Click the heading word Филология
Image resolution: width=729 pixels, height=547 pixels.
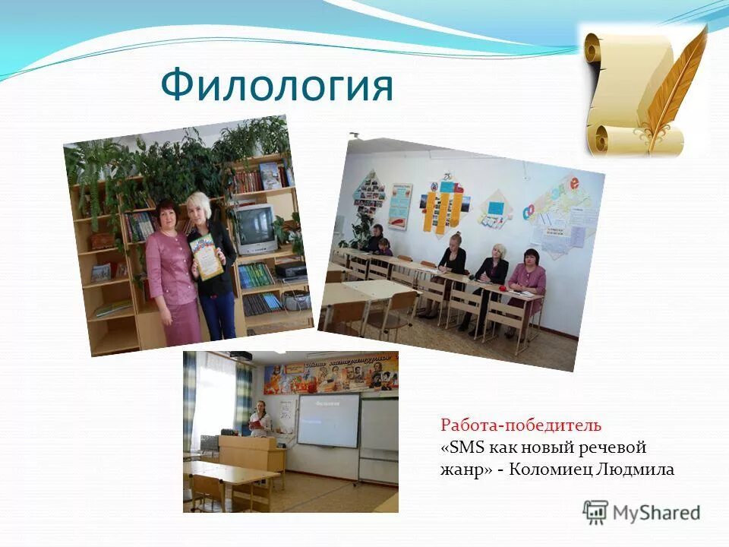276,85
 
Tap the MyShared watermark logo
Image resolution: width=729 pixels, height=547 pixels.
642,512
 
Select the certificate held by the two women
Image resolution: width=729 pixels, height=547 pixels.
207,256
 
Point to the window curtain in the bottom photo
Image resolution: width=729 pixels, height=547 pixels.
243,395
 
